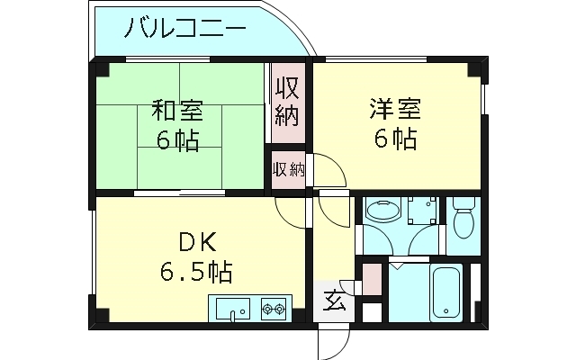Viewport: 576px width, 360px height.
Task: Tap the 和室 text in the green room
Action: click(x=177, y=112)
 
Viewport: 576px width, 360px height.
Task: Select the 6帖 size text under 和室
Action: click(x=177, y=140)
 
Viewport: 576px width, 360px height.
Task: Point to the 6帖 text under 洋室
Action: click(x=393, y=140)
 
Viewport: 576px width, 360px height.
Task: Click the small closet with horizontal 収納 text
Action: click(x=289, y=169)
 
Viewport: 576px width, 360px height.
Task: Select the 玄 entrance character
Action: click(x=333, y=301)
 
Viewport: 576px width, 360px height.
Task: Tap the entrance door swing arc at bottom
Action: click(x=335, y=340)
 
